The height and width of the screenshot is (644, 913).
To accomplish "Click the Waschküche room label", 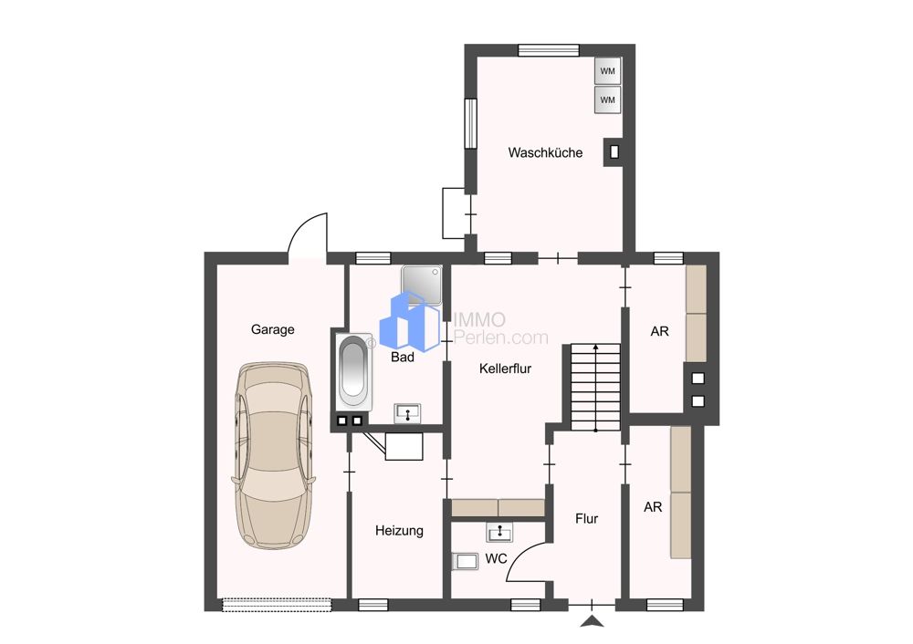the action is click(545, 153).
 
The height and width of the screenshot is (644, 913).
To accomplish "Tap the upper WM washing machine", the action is click(607, 71).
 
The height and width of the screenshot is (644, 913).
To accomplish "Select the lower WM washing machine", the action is click(607, 99).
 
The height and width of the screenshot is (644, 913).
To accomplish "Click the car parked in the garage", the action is click(274, 455).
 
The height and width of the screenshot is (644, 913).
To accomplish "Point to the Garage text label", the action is click(272, 329).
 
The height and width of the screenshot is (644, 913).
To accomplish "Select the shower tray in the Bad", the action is click(422, 286).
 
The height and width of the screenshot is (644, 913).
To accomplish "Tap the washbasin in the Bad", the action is click(407, 413).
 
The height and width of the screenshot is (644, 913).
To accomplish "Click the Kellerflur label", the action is click(506, 369).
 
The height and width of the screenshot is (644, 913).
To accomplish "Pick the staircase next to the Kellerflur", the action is click(595, 388).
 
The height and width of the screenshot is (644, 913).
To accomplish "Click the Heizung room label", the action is click(400, 531).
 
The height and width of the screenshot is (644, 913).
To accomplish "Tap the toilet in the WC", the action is click(465, 561).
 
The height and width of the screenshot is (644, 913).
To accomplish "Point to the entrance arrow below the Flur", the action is click(593, 621).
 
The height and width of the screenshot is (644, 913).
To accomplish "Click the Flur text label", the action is click(586, 518).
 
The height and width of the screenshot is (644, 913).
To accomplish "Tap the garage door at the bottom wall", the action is click(277, 605).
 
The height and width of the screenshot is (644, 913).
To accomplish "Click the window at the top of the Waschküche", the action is click(549, 50).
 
